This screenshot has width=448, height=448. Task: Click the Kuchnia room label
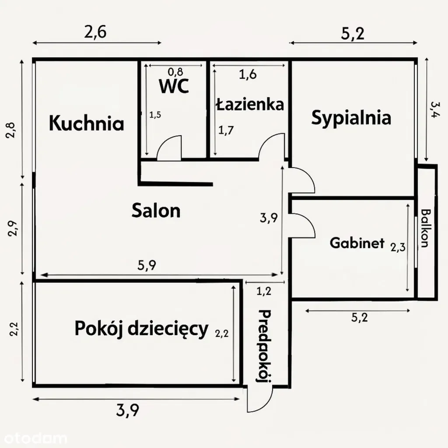87,123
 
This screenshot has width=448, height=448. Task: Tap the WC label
174,86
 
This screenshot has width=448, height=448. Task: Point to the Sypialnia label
351,118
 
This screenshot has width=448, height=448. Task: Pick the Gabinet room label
357,243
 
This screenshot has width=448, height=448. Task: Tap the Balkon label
426,228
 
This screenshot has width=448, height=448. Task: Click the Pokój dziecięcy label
141,329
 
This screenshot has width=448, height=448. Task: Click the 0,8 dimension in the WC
175,71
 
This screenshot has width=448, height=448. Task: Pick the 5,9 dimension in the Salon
147,266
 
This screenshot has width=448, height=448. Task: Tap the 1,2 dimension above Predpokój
264,291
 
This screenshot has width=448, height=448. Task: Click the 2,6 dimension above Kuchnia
95,32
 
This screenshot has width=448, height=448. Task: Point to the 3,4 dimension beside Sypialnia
434,109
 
